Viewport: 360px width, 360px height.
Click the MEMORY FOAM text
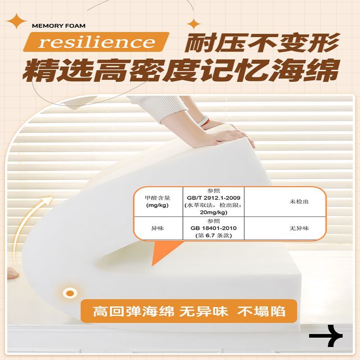click(x=58, y=26)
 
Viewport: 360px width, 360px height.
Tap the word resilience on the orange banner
click(x=96, y=42)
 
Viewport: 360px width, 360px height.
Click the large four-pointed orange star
click(x=16, y=21)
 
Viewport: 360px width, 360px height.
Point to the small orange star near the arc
click(x=193, y=24)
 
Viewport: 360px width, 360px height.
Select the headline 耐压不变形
click(x=262, y=43)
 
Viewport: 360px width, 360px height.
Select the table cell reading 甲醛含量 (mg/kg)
click(x=157, y=202)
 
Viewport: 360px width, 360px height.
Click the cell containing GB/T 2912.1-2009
click(x=213, y=202)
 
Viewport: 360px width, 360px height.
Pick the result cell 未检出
click(x=299, y=202)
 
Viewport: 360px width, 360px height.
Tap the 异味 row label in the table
click(x=157, y=228)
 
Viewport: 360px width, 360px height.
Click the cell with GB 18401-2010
click(x=213, y=228)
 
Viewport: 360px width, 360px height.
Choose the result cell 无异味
click(x=299, y=228)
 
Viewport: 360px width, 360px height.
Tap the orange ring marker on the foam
click(x=70, y=293)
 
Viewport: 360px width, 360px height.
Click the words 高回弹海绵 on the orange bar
click(x=133, y=311)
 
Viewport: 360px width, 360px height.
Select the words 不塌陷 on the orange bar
click(x=261, y=311)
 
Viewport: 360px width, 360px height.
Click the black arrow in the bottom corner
click(x=326, y=336)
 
